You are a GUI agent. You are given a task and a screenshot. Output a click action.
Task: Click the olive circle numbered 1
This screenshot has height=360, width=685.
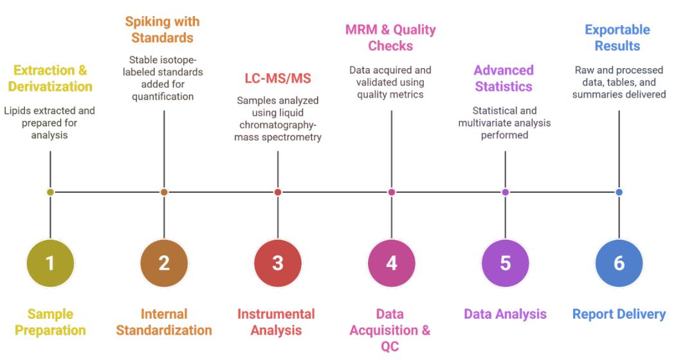click(50, 263)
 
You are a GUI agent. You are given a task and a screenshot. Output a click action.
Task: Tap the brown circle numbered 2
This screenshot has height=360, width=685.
click(164, 263)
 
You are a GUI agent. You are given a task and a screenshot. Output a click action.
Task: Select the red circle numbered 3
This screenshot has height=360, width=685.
click(278, 263)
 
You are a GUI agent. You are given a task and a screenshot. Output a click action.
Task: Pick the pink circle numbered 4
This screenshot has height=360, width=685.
click(391, 263)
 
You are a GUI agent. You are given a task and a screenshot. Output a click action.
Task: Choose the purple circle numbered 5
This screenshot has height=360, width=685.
click(505, 263)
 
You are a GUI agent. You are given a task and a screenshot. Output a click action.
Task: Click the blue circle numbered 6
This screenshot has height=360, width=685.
click(619, 263)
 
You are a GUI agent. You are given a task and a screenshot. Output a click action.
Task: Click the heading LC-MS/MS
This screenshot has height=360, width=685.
click(277, 78)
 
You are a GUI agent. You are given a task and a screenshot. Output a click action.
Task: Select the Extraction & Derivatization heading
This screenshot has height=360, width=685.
click(50, 78)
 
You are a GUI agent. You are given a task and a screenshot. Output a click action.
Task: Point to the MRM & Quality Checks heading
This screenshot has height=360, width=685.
click(391, 37)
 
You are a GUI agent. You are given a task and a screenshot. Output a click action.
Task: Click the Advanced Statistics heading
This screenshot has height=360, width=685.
click(504, 78)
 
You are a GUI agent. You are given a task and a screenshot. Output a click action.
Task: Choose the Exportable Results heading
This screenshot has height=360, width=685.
click(617, 37)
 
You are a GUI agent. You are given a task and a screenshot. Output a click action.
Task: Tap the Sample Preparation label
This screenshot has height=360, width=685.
click(50, 323)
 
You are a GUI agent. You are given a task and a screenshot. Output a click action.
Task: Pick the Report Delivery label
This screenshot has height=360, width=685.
click(619, 314)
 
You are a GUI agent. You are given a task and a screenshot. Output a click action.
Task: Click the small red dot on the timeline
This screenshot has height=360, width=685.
click(278, 192)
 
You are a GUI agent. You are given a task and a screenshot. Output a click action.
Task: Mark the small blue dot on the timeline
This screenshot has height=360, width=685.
click(619, 192)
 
